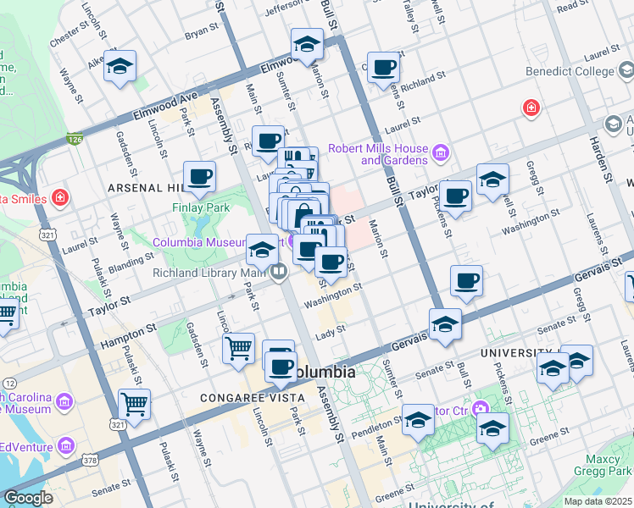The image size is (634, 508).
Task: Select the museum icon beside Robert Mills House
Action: [x=440, y=153]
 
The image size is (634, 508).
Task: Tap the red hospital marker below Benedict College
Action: [x=531, y=108]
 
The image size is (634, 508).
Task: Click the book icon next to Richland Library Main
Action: [x=278, y=272]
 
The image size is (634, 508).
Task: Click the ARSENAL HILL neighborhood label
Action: [x=143, y=187]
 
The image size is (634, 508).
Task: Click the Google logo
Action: [x=28, y=498]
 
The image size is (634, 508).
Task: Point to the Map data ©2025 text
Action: [x=598, y=501]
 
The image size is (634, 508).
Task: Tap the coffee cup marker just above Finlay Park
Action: [x=199, y=176]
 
